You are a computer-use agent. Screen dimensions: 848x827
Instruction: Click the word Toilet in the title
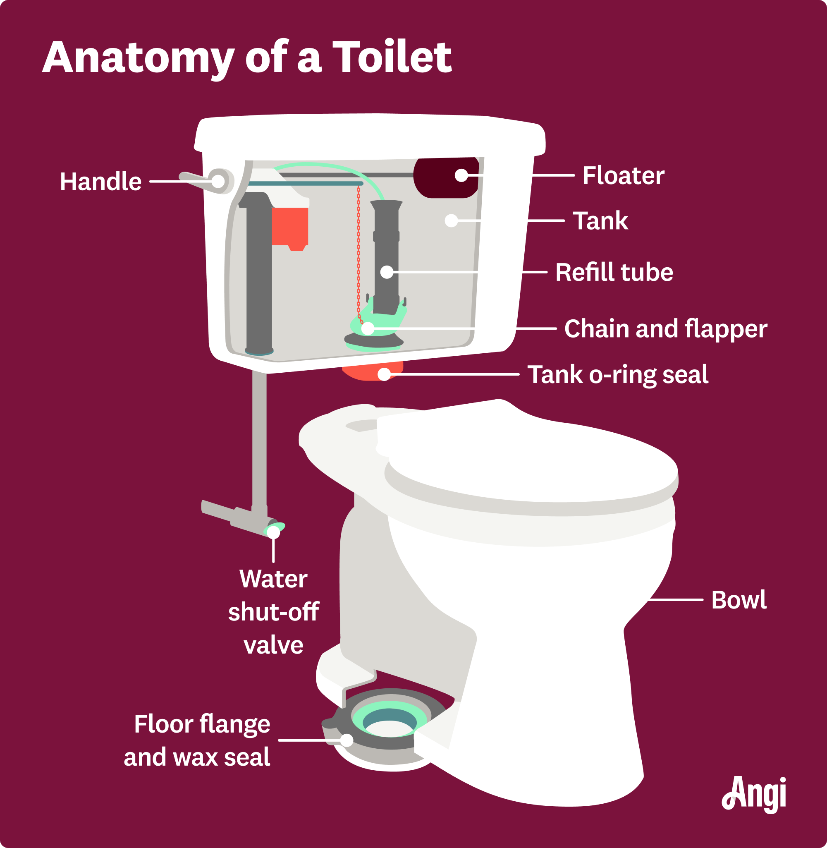tap(393, 57)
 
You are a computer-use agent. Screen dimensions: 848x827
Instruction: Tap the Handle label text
tap(100, 182)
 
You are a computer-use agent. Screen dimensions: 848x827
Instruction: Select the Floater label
tap(623, 175)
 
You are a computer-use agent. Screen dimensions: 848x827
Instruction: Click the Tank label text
tap(600, 221)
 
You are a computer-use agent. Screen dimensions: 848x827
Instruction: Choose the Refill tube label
tap(614, 272)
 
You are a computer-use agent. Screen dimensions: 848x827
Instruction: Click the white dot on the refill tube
tap(387, 272)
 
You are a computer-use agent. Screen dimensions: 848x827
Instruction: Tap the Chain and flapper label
tap(665, 329)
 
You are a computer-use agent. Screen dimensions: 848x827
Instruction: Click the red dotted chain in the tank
tap(359, 252)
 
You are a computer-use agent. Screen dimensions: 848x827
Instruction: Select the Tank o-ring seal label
tap(618, 374)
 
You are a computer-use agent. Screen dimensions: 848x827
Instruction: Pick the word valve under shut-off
tap(273, 645)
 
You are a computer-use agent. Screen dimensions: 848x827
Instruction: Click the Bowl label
tap(739, 600)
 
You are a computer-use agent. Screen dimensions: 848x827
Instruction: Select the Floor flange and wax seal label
tap(198, 740)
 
